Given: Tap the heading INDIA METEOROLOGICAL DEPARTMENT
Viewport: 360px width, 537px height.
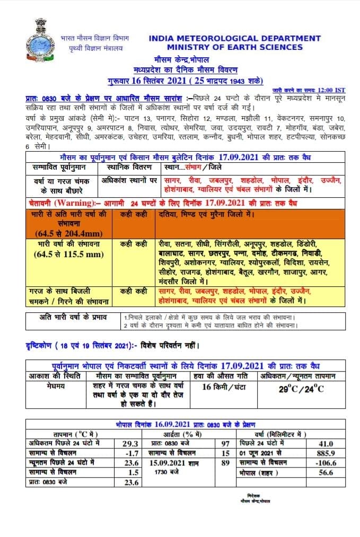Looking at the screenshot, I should [235, 38].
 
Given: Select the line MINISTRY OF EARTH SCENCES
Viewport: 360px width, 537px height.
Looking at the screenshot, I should [235, 47].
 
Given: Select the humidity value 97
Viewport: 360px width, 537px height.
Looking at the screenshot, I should [225, 443].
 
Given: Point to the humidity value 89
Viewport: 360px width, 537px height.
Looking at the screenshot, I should [225, 463].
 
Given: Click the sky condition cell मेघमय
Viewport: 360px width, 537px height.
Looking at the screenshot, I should [56, 386].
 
